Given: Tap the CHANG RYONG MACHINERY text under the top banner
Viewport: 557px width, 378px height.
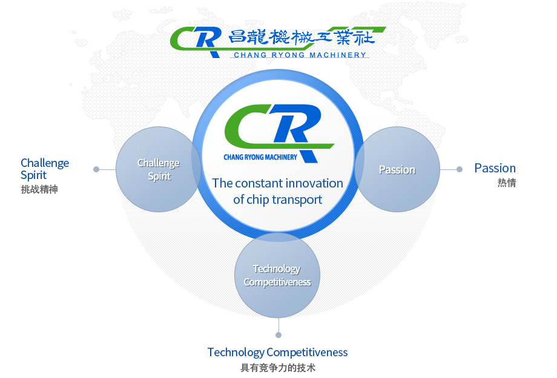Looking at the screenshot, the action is click(x=300, y=55).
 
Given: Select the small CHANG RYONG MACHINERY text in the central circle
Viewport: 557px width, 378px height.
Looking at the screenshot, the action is click(x=260, y=157).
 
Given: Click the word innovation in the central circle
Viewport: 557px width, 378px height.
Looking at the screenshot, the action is click(x=314, y=183).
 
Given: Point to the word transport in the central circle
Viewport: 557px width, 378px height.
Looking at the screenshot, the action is click(x=297, y=200).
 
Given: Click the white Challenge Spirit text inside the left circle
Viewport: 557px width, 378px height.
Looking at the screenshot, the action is click(x=159, y=169).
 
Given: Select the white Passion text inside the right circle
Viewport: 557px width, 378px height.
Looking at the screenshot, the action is click(x=397, y=170).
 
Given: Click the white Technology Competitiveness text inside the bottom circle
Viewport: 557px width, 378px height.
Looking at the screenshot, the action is click(x=277, y=275).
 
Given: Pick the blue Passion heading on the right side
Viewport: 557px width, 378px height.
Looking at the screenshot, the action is click(x=495, y=168).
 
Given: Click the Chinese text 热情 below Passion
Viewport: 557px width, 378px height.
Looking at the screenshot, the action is click(x=507, y=183).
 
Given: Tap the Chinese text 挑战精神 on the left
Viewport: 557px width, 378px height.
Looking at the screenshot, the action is click(x=39, y=189).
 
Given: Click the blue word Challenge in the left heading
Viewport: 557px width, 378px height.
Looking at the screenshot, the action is click(x=45, y=163).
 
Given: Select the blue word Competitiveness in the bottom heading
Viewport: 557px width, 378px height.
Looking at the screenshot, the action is click(x=308, y=352).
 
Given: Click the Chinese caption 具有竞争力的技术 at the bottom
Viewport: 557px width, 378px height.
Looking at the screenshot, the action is click(x=278, y=368).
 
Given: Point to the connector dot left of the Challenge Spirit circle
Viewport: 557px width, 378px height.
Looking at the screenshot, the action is click(x=96, y=169).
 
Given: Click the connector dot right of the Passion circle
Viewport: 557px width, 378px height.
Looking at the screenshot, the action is click(x=460, y=169).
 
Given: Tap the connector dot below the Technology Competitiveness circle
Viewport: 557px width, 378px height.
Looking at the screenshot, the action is click(x=278, y=335).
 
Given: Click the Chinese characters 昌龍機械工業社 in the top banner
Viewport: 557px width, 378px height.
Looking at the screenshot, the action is click(x=302, y=37).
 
